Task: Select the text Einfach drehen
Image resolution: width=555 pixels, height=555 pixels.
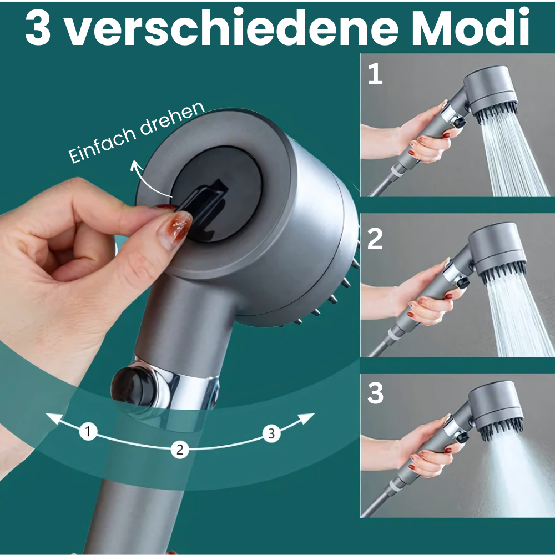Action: click(137, 133)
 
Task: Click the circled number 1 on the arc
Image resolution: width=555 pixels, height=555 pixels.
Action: click(88, 431)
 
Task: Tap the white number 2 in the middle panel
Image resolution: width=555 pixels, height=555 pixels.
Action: click(375, 238)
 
